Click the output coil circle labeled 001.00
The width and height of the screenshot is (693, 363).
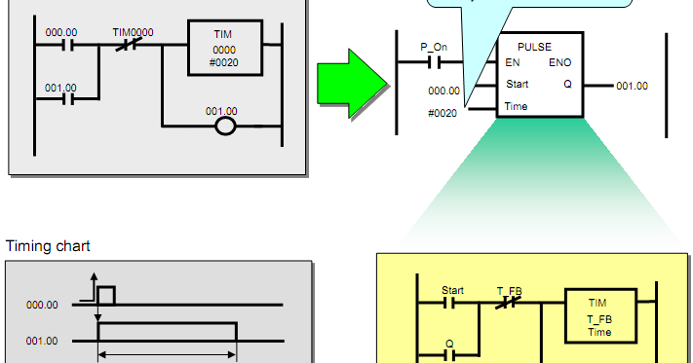point(225,127)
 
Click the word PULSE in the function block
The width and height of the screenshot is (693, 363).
point(534,46)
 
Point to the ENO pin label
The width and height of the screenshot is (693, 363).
point(560,62)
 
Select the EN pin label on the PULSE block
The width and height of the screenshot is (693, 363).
point(512,62)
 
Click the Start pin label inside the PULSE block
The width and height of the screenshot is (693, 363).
point(517,84)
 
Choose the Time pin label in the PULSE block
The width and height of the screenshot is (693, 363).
point(516,106)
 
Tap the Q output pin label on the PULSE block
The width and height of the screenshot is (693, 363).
point(567,84)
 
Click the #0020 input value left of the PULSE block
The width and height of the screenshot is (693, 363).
point(443,113)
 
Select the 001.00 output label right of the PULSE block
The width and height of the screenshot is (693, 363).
point(632,86)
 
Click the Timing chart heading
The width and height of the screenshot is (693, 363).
point(42,246)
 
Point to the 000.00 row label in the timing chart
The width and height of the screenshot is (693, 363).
point(42,305)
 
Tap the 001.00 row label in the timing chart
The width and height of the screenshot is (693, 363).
point(42,341)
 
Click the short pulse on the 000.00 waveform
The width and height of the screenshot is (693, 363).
point(106,295)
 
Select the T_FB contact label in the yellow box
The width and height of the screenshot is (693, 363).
point(509,290)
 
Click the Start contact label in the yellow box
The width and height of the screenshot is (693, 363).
point(452,290)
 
